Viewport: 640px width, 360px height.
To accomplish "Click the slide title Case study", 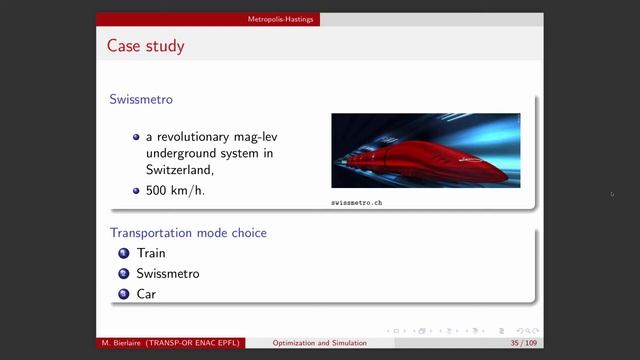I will pos(146,46).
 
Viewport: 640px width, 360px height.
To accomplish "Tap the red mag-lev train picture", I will pos(425,150).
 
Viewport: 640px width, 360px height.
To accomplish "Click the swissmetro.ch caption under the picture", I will pos(357,203).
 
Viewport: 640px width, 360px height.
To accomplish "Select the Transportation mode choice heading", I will pos(188,233).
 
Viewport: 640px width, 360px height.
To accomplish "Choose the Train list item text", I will pos(151,253).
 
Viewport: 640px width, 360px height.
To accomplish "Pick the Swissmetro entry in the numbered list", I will pos(168,273).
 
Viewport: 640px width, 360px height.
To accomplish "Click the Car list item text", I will pos(147,294).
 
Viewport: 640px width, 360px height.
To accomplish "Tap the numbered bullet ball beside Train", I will pos(124,253).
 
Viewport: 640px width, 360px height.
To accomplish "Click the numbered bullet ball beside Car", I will pos(124,294).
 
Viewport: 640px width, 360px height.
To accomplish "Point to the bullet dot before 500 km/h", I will pos(136,189).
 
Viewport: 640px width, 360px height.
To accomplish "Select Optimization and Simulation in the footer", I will pos(320,343).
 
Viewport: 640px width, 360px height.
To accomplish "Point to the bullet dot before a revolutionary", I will pos(136,136).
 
